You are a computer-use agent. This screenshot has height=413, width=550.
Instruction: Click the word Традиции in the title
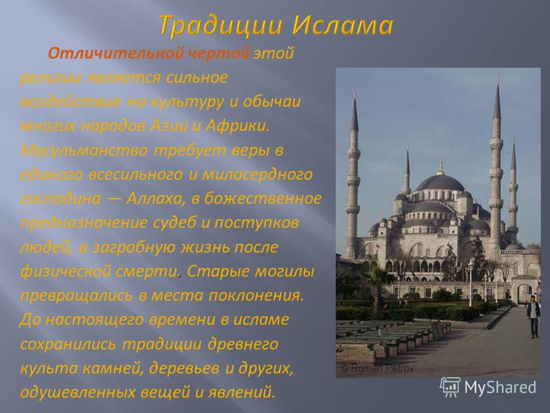(x=221, y=26)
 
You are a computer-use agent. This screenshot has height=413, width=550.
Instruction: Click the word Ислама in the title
(x=343, y=26)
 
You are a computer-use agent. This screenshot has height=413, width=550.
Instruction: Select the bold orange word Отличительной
(x=115, y=53)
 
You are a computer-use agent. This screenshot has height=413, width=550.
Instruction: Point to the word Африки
(x=237, y=126)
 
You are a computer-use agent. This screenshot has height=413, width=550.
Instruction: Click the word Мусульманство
(x=84, y=150)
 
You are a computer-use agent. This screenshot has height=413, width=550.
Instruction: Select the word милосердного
(x=257, y=174)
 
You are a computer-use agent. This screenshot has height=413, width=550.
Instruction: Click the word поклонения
(x=256, y=295)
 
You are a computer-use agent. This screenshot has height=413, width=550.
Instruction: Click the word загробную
(x=133, y=248)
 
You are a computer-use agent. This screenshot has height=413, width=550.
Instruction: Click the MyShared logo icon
(x=450, y=387)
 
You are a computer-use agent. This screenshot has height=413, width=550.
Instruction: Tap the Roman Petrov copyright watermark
(x=377, y=368)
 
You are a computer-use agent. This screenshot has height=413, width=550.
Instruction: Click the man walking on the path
(x=533, y=317)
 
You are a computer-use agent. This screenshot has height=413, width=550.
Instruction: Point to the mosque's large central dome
(x=440, y=183)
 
